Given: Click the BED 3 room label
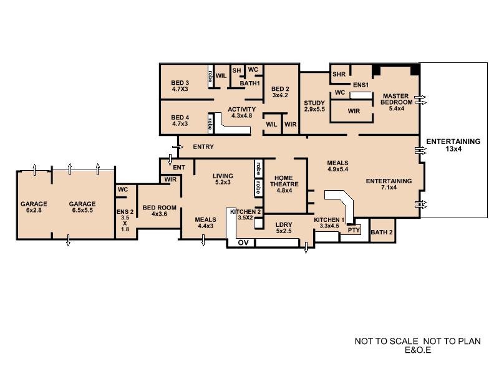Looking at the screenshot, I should tap(180, 85).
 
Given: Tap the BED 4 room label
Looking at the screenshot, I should tap(180, 120).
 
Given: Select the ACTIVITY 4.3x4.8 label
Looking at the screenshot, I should tap(241, 112).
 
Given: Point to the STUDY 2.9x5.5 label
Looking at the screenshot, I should tap(315, 106).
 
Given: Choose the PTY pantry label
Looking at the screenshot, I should tap(354, 230).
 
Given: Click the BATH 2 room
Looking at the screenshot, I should tap(382, 233).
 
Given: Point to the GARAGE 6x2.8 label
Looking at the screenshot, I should tap(34, 207).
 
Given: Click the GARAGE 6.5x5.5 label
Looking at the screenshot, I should tap(82, 207).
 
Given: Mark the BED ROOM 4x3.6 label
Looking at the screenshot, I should tap(160, 211).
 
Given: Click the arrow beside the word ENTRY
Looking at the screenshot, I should tap(178, 147).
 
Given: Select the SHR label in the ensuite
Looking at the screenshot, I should tap(339, 75).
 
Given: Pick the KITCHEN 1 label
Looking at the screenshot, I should tap(329, 223).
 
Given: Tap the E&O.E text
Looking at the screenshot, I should tap(418, 350).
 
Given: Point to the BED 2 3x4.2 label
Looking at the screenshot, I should tap(280, 92).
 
